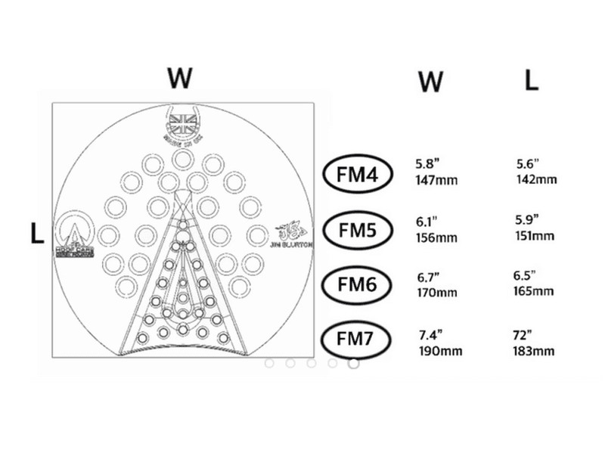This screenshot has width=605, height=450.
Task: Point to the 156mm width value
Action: pos(436,237)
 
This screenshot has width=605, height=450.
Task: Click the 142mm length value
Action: pos(535,179)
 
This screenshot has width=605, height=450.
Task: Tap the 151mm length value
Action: pos(534,236)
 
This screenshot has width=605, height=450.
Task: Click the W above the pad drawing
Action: pos(180,77)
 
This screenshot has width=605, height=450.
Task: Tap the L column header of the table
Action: pos(532,81)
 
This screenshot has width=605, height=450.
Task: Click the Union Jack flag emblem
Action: pos(181,123)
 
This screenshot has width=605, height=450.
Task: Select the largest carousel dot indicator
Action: pos(353,363)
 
